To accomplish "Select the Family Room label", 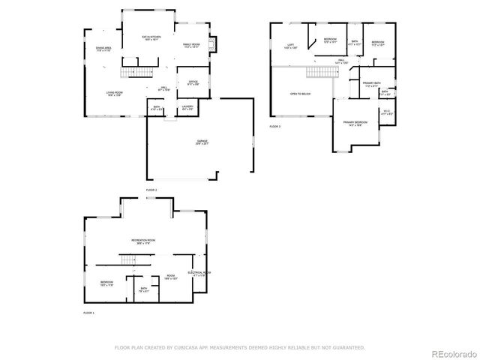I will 190,45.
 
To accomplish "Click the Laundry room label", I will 187,108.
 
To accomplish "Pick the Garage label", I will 202,142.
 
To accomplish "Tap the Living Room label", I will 114,94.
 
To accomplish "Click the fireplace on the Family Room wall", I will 213,45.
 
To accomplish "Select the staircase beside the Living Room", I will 136,73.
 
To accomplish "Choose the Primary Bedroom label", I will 355,122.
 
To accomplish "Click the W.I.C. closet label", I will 386,112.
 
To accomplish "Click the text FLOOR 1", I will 88,313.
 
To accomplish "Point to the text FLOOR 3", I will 275,127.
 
